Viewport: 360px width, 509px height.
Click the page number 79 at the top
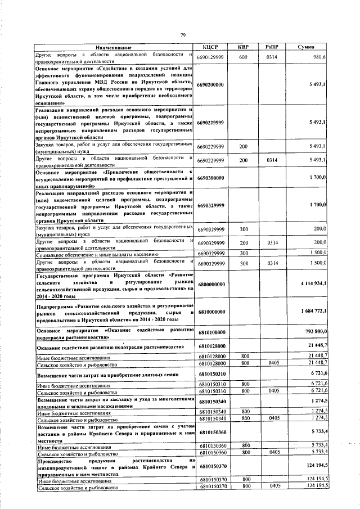click(183, 35)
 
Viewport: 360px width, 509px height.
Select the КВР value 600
click(244, 57)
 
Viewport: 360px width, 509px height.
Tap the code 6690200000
click(211, 84)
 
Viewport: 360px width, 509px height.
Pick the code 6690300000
click(211, 178)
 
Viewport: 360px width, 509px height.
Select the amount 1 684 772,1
click(313, 310)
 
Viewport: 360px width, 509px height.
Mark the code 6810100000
click(211, 332)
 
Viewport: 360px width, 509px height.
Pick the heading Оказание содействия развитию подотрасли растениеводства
click(110, 347)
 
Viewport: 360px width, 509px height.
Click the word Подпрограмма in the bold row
click(55, 307)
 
